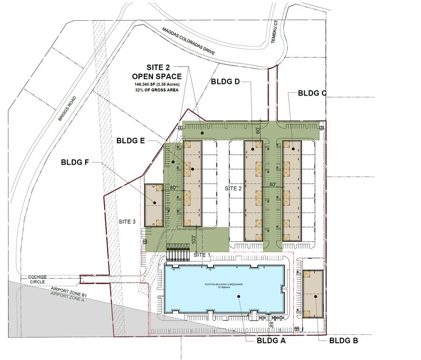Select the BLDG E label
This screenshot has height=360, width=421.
pyautogui.click(x=130, y=140)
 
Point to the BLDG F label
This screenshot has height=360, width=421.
pyautogui.click(x=77, y=163)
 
